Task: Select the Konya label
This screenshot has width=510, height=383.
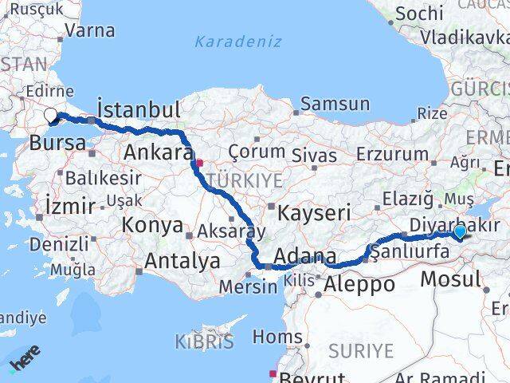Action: click(x=154, y=225)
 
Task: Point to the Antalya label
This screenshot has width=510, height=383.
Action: click(x=182, y=260)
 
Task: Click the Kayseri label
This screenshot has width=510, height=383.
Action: click(x=313, y=212)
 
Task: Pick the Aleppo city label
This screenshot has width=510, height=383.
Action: click(x=359, y=283)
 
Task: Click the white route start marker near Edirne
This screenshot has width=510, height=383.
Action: click(x=51, y=116)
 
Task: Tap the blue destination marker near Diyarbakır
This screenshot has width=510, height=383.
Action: click(x=460, y=231)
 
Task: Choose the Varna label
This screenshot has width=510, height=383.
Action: click(x=90, y=31)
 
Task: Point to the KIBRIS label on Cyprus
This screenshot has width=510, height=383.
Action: click(x=205, y=342)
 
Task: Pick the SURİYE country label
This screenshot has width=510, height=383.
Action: click(x=362, y=350)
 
